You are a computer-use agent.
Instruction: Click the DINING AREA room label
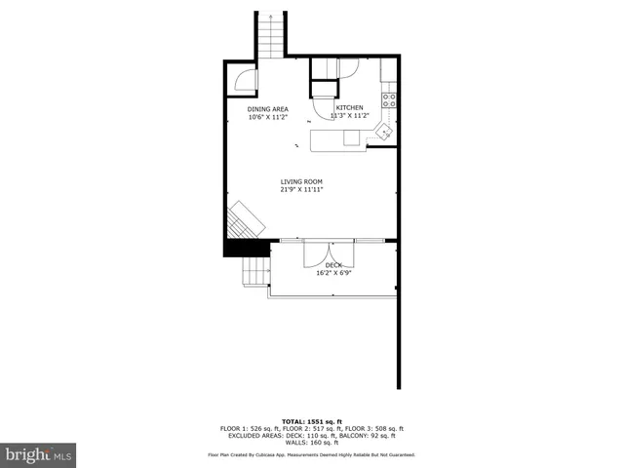266,108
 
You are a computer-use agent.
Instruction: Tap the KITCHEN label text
349,107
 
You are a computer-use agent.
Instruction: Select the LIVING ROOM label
301,182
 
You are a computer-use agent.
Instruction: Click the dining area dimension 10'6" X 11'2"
266,116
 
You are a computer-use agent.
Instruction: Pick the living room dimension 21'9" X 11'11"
301,190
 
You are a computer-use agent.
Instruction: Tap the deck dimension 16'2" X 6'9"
333,273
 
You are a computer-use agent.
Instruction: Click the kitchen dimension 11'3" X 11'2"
349,115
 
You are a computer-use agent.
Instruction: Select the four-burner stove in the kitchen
389,98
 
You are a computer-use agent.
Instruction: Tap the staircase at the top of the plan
271,36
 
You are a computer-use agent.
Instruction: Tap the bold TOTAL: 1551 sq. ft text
311,419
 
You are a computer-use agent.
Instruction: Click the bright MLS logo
38,454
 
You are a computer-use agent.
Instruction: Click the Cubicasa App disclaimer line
311,454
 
